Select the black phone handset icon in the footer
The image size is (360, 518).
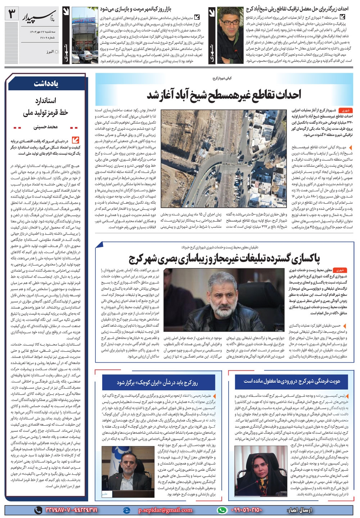[x=38, y=510]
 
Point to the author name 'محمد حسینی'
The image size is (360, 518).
[x=46, y=127]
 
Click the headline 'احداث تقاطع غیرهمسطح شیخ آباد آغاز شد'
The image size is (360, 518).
[x=224, y=95]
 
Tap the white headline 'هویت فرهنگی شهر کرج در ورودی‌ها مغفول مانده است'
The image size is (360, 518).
[x=292, y=381]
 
